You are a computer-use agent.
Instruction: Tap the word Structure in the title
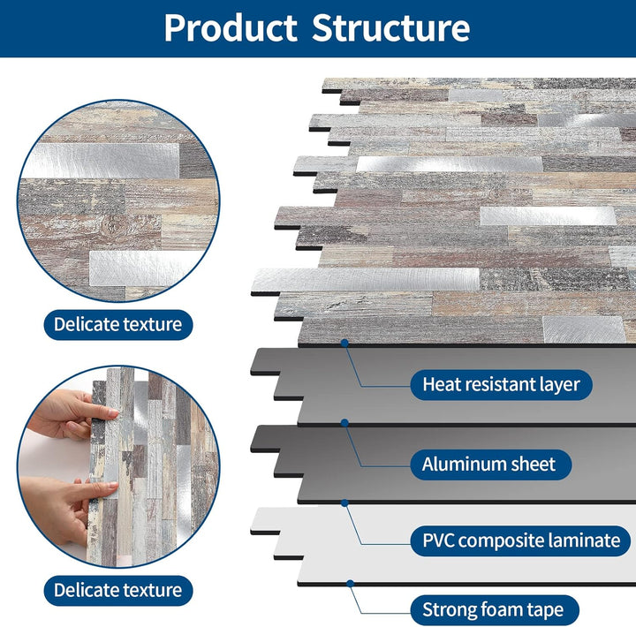(390, 28)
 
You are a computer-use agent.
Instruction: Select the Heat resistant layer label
(501, 384)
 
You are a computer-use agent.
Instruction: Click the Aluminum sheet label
(488, 464)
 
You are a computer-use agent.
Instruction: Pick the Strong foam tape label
(499, 609)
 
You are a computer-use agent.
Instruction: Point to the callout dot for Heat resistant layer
(344, 343)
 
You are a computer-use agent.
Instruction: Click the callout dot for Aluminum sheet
(344, 423)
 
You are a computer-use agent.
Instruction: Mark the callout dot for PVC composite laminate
(344, 502)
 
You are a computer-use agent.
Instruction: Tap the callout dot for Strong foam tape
(350, 583)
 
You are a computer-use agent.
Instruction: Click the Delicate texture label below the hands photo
(117, 590)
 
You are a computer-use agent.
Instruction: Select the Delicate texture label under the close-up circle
(117, 324)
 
